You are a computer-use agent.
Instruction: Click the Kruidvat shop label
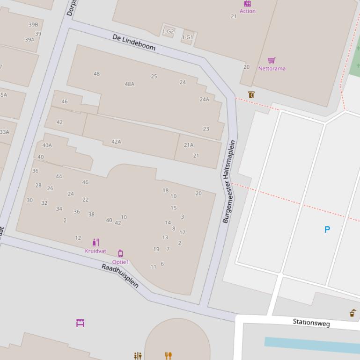[96, 251]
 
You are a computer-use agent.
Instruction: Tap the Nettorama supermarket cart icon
[272, 60]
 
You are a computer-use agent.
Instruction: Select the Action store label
[248, 11]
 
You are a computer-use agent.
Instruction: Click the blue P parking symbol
[327, 230]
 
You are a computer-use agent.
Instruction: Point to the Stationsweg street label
[311, 323]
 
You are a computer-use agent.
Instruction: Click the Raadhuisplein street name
[120, 276]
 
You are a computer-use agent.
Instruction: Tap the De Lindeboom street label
[134, 42]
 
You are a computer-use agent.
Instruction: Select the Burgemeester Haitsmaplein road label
[229, 181]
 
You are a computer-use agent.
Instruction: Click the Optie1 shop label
[120, 262]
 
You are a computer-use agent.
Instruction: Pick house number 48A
[130, 84]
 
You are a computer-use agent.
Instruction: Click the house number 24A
[205, 100]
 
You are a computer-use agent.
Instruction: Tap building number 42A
[116, 142]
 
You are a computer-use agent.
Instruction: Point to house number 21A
[189, 145]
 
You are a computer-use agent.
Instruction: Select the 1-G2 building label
[168, 32]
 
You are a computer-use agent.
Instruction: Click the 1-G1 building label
[187, 37]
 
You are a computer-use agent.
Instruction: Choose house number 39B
[33, 25]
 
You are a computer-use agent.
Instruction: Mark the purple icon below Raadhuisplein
[80, 323]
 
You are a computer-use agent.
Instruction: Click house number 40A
[47, 145]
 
